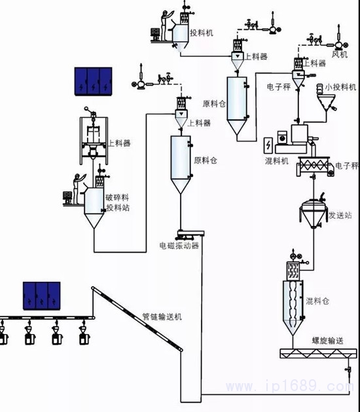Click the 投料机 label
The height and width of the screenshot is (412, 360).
(x=202, y=33)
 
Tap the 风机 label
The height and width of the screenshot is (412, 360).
(x=340, y=54)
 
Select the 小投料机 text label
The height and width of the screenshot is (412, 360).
(x=340, y=86)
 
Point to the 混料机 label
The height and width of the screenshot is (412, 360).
(x=277, y=160)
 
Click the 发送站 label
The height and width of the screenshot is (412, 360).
(x=340, y=215)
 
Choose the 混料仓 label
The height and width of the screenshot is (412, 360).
(x=317, y=301)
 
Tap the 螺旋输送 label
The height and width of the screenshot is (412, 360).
(x=328, y=341)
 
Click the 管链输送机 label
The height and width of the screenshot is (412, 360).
(x=162, y=316)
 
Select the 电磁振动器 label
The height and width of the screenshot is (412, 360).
(x=179, y=246)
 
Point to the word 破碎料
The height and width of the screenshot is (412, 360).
(x=117, y=198)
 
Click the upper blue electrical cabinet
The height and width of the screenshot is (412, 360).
(x=93, y=81)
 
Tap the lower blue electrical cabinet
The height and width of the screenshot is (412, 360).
(x=41, y=296)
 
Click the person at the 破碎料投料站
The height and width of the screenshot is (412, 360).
(x=78, y=189)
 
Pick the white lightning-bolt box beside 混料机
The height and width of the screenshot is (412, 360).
(x=268, y=145)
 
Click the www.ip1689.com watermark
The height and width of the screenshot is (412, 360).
(x=290, y=386)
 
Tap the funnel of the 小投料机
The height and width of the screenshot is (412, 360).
(x=326, y=103)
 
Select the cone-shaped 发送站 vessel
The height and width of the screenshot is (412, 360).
(x=314, y=214)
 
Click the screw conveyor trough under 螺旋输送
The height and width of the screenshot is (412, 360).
(x=319, y=354)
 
